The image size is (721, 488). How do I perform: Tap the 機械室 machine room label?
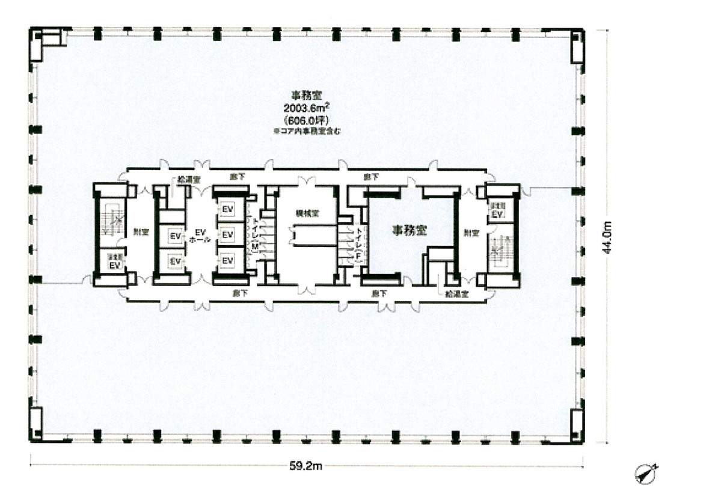(x=307, y=213)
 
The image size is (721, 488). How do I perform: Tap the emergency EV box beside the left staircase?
(x=114, y=261)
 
